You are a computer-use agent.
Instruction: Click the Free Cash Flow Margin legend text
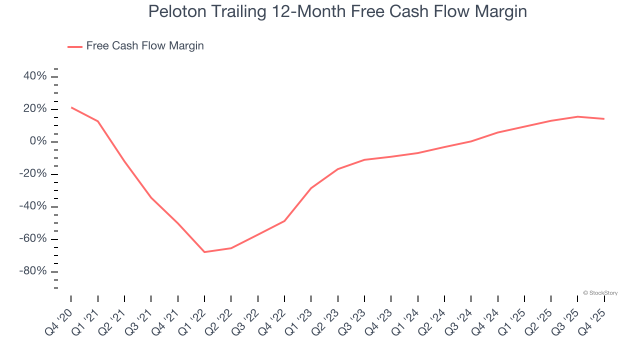point(145,46)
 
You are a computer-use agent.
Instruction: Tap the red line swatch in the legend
point(75,46)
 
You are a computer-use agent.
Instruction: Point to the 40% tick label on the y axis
point(35,76)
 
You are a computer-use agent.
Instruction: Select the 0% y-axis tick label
point(38,141)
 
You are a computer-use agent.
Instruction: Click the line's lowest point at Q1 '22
point(204,252)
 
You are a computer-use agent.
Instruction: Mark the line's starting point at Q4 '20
point(71,107)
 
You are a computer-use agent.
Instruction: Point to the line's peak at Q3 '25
point(577,116)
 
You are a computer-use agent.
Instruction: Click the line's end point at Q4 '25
point(604,118)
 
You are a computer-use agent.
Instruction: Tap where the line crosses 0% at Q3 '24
point(471,141)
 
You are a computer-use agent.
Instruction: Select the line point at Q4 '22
point(284,221)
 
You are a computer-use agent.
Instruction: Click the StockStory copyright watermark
point(600,293)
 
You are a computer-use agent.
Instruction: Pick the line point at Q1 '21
point(97,121)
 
